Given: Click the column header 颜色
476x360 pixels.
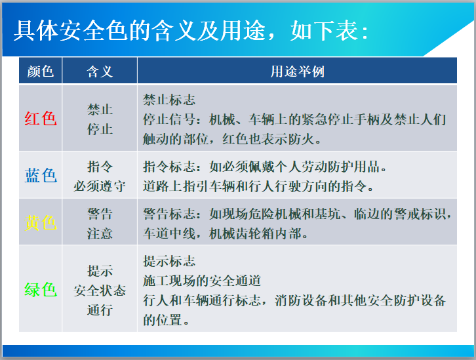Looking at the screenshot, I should [41, 71].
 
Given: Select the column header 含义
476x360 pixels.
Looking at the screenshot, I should [100, 71].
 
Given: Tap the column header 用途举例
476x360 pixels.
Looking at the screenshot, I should [297, 71].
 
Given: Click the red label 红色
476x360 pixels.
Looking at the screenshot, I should [41, 119].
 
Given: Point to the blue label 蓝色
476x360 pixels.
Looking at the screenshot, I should [41, 175].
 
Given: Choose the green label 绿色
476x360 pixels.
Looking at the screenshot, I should [41, 289].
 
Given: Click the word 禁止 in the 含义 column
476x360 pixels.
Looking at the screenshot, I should [100, 110].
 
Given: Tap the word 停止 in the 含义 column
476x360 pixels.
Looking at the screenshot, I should [100, 129].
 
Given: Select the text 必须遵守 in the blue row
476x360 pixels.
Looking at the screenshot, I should [100, 186].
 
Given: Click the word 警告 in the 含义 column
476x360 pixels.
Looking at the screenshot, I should [100, 214].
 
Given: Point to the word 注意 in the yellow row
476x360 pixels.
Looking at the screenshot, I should [100, 233].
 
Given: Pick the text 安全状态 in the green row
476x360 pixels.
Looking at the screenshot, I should [100, 290].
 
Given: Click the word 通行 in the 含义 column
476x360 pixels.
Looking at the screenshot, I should [100, 310].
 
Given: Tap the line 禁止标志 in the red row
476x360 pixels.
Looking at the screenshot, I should [169, 100].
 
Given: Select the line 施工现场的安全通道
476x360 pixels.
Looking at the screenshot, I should [202, 281].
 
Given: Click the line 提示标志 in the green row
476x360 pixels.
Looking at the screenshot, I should [169, 262].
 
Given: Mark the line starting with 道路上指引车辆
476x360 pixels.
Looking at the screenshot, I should [258, 186].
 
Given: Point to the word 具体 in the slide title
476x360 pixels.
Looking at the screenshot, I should [32, 31].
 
